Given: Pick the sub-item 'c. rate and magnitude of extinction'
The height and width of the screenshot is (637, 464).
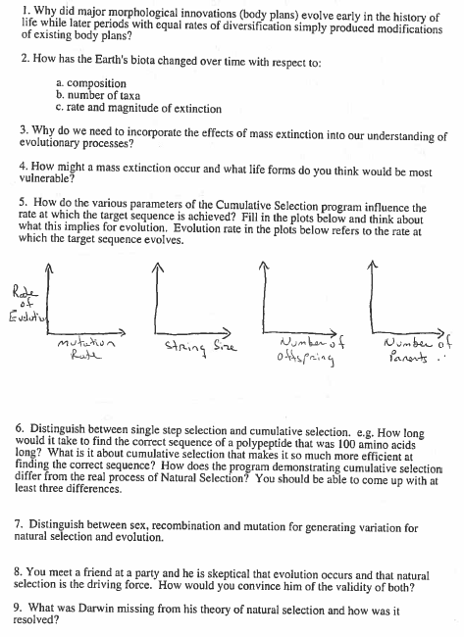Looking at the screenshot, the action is pyautogui.click(x=138, y=108).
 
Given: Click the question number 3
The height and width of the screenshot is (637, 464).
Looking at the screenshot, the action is pyautogui.click(x=23, y=128).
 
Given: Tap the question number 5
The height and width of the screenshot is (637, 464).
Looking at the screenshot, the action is pyautogui.click(x=23, y=207).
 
